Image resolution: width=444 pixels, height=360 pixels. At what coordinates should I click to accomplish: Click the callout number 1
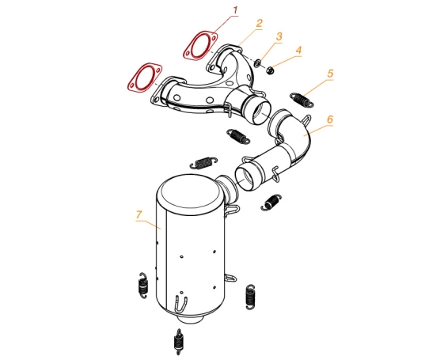(x=235, y=11)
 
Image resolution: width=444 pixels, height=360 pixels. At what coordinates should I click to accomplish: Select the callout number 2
(x=260, y=23)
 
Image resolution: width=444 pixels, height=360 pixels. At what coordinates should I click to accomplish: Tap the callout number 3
(x=279, y=36)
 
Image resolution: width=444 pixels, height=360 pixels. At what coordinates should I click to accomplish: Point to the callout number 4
(x=298, y=51)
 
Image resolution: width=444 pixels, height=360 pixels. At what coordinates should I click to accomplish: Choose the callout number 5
(x=330, y=74)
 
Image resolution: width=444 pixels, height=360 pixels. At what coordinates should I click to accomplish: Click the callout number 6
(x=330, y=119)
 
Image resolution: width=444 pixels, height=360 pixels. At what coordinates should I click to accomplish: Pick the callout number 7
(x=139, y=214)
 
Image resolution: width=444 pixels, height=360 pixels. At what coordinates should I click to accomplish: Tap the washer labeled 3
(x=258, y=63)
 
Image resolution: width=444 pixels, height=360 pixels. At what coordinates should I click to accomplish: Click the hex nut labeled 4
(x=270, y=70)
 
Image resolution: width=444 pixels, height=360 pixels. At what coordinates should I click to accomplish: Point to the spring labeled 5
(x=302, y=100)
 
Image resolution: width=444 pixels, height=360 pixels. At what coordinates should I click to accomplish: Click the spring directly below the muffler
(x=178, y=342)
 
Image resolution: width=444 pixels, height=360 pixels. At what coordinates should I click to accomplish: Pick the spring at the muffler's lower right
(x=250, y=297)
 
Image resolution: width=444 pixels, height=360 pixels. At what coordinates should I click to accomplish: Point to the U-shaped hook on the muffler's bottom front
(x=181, y=305)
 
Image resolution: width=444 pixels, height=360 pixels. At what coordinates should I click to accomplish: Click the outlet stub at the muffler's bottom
(x=191, y=320)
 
